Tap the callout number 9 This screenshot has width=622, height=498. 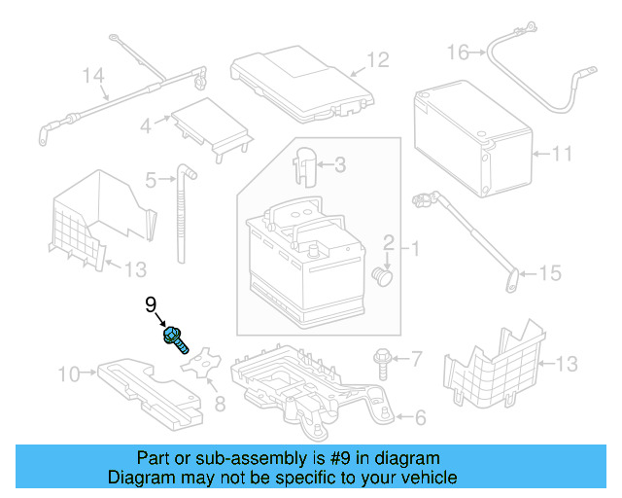[x=151, y=305]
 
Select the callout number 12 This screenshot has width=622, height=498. [x=377, y=60]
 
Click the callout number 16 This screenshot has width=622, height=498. [x=458, y=52]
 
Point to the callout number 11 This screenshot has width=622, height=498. [x=562, y=154]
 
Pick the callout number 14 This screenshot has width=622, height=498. [x=92, y=75]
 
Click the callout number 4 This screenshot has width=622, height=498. [x=145, y=125]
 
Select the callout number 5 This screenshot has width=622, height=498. [x=151, y=180]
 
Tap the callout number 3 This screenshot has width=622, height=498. [x=339, y=165]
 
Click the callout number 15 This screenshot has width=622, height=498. [x=550, y=274]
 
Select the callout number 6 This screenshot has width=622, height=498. [x=420, y=418]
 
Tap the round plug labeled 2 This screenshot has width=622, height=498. [x=382, y=277]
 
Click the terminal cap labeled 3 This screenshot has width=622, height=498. [x=304, y=163]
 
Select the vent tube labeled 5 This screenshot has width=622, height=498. [x=182, y=214]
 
